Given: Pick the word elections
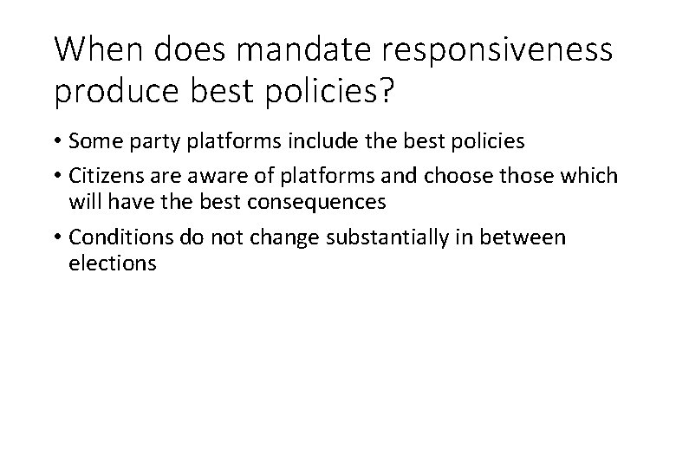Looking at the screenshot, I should click(x=112, y=263).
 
